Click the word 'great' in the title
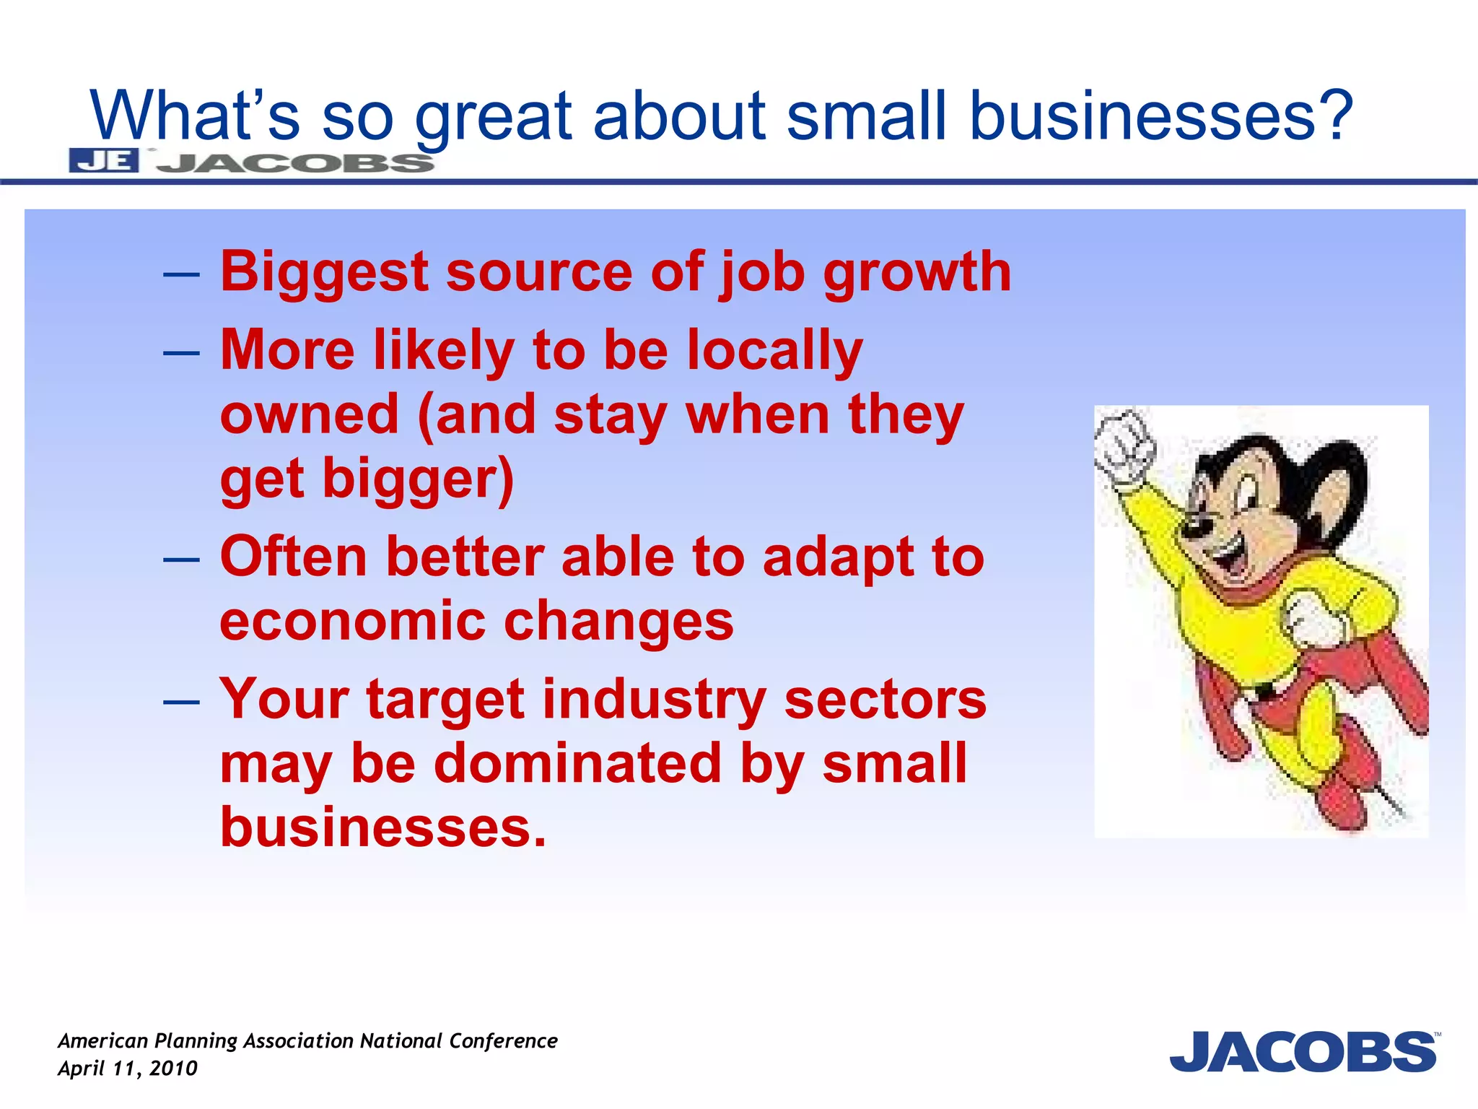(x=493, y=117)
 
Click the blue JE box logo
(x=104, y=160)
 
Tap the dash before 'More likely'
(x=181, y=353)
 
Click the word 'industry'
(x=654, y=700)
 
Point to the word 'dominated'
(x=578, y=764)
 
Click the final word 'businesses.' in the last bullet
(x=383, y=827)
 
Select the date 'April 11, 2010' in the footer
(x=128, y=1069)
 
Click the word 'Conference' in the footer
(x=503, y=1040)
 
